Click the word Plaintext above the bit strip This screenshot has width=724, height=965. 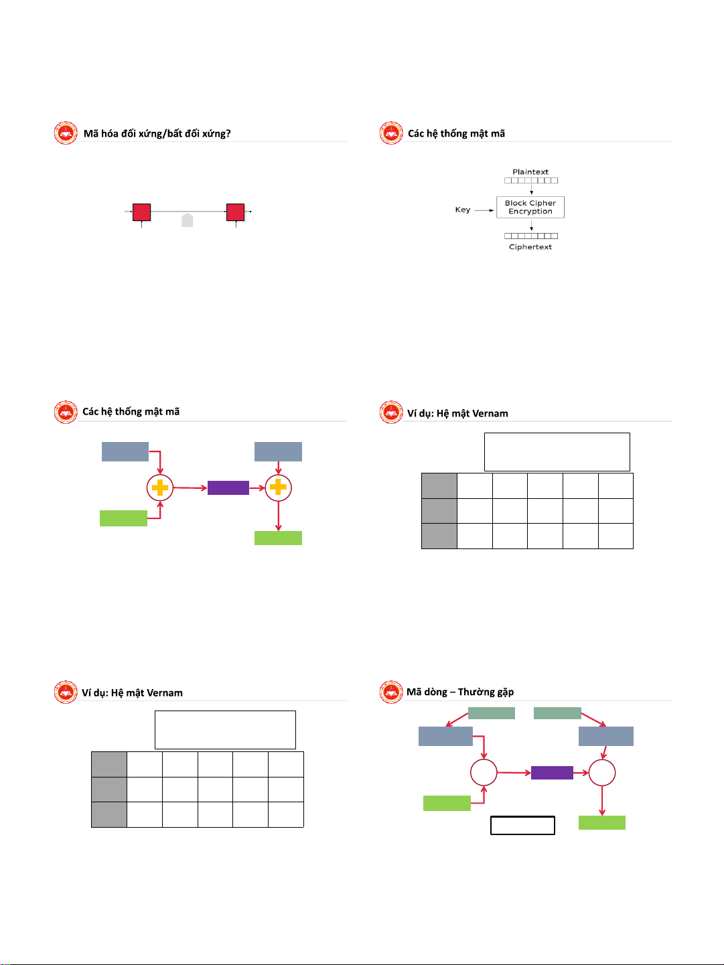click(530, 171)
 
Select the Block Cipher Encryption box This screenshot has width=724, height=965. click(530, 207)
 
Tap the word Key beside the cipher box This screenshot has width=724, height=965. click(462, 210)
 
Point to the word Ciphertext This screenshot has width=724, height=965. click(530, 246)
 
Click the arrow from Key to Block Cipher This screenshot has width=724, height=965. click(484, 210)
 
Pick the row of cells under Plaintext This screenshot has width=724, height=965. click(531, 180)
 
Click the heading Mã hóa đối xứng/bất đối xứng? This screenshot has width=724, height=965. click(157, 134)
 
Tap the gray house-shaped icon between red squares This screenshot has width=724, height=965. click(188, 220)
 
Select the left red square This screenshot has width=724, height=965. click(141, 212)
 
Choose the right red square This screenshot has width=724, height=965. click(235, 212)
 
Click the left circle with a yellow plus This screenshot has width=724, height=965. click(160, 488)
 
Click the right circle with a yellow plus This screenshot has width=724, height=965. click(278, 488)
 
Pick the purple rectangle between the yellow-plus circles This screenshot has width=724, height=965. click(228, 488)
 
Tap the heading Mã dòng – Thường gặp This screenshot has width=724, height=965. click(460, 692)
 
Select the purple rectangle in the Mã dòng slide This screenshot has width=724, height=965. click(552, 772)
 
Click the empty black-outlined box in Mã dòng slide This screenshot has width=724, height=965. click(522, 825)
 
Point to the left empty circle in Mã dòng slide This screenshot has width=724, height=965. click(484, 772)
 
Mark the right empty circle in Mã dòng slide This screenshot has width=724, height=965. click(602, 772)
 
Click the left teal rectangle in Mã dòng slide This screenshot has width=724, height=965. click(492, 713)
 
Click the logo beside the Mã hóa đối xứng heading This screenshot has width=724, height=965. click(66, 133)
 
